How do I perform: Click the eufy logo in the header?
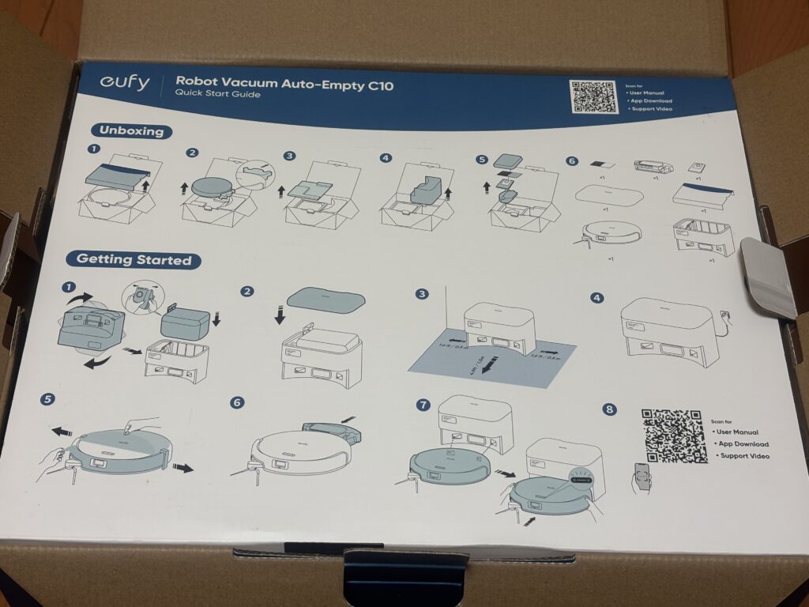124,84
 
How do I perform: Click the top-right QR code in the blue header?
594,96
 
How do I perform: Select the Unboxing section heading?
131,131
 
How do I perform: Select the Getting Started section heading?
134,259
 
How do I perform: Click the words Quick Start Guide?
217,95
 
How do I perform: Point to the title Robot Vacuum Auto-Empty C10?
284,81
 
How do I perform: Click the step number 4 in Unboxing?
386,158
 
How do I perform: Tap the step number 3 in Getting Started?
423,294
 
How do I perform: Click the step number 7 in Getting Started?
423,405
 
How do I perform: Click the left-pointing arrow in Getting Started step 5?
60,432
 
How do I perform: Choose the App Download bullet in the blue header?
653,101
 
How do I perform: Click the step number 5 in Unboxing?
482,158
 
